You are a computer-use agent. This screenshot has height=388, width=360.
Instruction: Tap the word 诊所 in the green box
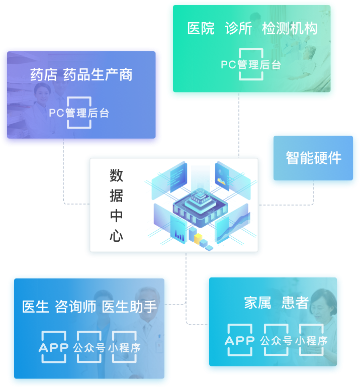click(x=238, y=29)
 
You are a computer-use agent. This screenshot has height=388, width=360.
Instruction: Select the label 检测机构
click(x=290, y=29)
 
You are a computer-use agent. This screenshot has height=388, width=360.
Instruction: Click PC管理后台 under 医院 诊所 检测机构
click(x=251, y=65)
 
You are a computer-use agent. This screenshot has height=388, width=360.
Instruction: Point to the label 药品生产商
click(x=98, y=75)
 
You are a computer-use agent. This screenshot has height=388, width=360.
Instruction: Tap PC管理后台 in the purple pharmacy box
click(x=79, y=113)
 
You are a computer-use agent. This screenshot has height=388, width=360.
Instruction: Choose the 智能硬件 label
click(x=314, y=158)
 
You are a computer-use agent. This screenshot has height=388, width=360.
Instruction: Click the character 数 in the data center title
click(x=116, y=175)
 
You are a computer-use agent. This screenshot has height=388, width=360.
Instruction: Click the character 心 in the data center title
click(x=116, y=236)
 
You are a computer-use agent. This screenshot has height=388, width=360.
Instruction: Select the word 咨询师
click(x=75, y=307)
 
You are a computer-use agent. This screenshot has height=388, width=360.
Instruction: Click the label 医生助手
click(x=130, y=307)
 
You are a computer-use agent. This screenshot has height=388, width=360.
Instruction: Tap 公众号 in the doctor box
click(x=89, y=347)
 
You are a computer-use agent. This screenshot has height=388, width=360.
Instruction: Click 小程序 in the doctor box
click(x=124, y=347)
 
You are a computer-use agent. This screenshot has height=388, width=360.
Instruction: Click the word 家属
click(x=257, y=303)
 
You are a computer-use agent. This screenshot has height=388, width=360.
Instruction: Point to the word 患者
click(x=295, y=303)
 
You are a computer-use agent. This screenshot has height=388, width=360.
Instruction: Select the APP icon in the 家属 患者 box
click(x=240, y=340)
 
